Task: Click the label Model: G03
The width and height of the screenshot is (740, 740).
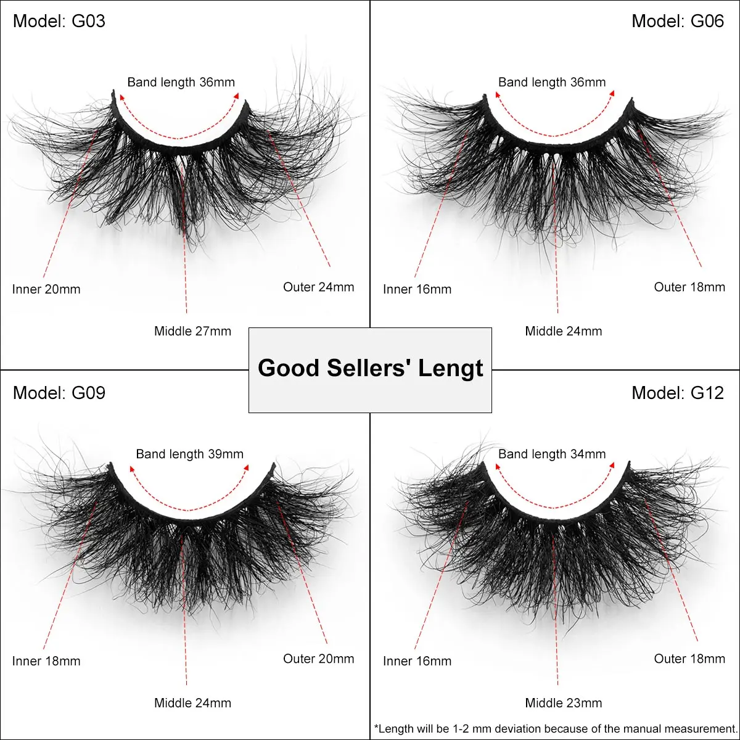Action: click(x=59, y=21)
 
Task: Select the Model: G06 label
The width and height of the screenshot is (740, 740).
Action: click(x=678, y=21)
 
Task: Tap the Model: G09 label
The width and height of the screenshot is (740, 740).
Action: click(x=59, y=393)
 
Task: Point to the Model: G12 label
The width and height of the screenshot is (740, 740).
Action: click(x=678, y=393)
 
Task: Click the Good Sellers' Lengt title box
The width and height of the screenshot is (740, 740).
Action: click(x=370, y=369)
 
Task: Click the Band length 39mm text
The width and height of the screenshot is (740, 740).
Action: click(x=190, y=454)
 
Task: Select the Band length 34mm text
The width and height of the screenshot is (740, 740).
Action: click(x=552, y=454)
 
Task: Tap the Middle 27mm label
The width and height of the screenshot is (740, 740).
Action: click(x=192, y=331)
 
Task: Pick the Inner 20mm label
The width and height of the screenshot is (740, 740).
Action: click(x=46, y=289)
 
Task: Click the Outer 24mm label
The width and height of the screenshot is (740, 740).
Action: click(x=319, y=287)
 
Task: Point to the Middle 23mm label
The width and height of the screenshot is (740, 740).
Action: click(x=564, y=703)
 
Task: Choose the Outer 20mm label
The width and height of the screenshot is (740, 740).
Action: click(x=319, y=659)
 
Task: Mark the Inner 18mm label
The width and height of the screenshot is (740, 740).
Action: click(x=46, y=661)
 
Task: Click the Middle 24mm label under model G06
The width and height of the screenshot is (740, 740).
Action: click(x=564, y=331)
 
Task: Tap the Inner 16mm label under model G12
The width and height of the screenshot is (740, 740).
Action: click(x=417, y=661)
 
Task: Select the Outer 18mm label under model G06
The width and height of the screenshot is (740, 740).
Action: click(x=689, y=287)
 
